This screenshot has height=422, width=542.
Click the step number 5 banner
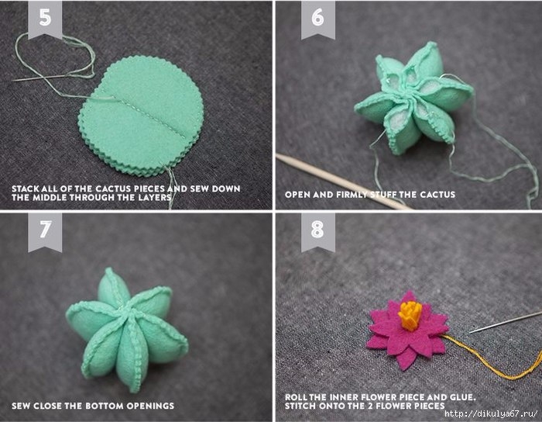point(45,19)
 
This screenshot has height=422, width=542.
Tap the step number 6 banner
point(318,19)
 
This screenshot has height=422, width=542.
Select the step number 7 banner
point(45,231)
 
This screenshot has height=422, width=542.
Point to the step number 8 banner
point(318,231)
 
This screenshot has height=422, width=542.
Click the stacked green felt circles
point(141,116)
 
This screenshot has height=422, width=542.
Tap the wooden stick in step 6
point(344,182)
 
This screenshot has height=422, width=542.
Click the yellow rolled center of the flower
point(410,316)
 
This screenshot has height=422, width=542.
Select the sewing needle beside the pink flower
point(506,323)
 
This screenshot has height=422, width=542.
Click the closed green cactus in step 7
point(127,330)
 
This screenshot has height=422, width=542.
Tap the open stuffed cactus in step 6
point(413,99)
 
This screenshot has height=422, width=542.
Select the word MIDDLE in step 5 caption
point(50,198)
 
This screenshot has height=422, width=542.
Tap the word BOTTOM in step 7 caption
point(105,406)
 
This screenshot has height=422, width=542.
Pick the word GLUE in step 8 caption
point(463,397)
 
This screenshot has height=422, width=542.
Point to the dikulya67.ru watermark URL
point(491,413)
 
